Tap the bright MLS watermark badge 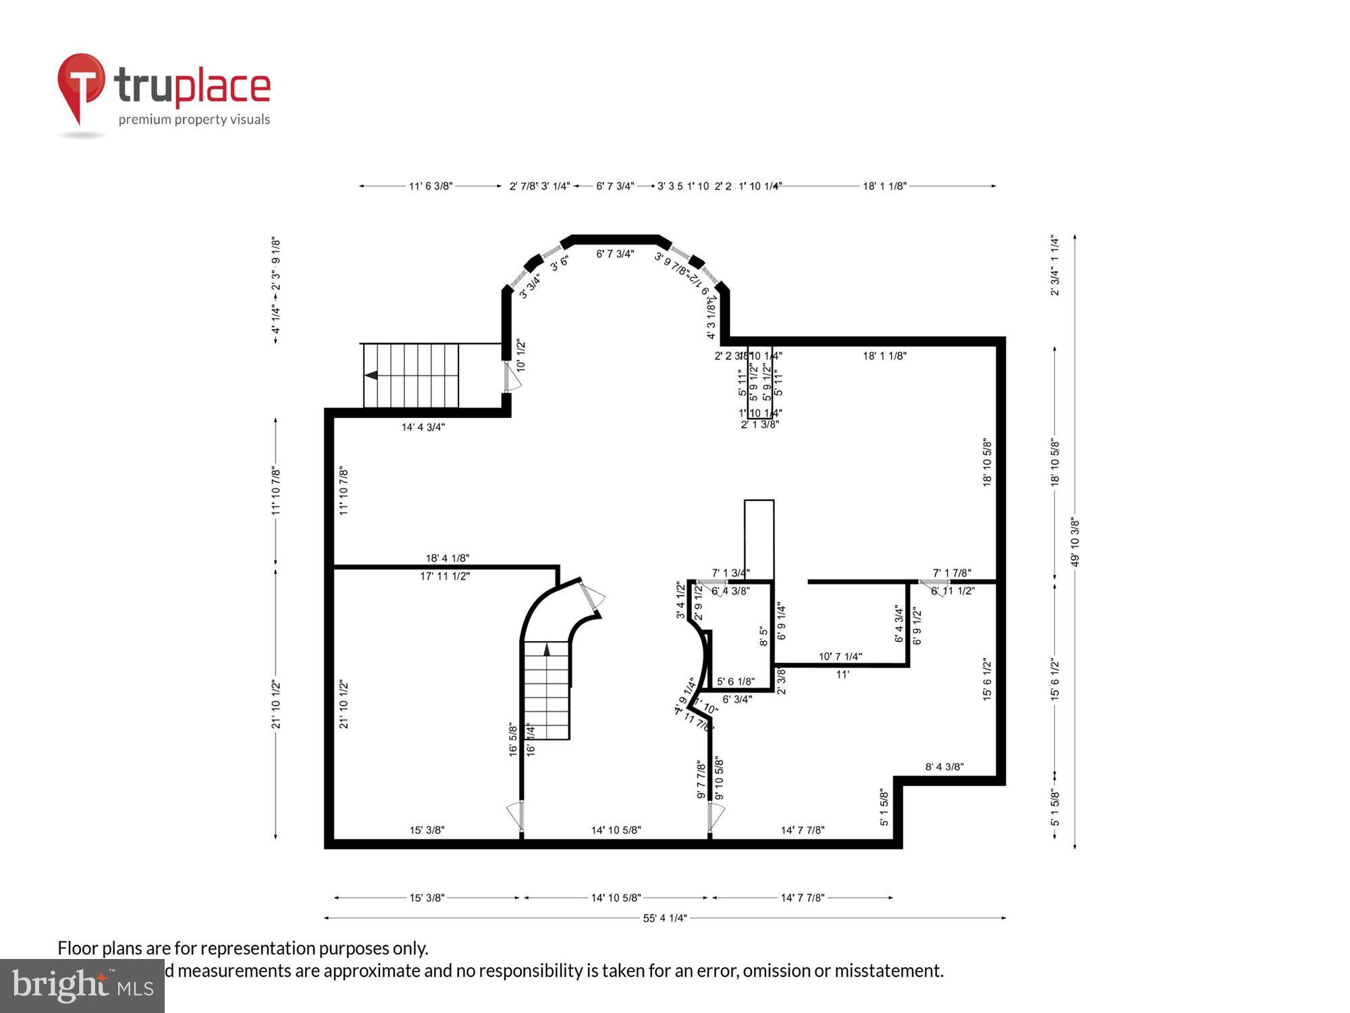pos(82,985)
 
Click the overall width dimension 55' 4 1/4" pos(664,918)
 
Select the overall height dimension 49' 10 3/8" pos(1075,542)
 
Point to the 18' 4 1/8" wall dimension pos(447,558)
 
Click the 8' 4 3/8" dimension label pos(944,767)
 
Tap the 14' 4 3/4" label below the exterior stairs pos(423,427)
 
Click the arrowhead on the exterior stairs pos(371,375)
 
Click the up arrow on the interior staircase pos(546,649)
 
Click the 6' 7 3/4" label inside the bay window pos(614,254)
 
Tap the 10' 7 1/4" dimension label pos(840,656)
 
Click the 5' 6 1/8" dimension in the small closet pos(735,681)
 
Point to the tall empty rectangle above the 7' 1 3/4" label pos(759,538)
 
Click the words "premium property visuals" pos(194,120)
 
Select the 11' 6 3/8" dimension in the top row pos(430,186)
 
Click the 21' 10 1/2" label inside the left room pos(344,704)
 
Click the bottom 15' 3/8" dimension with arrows pos(427,898)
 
